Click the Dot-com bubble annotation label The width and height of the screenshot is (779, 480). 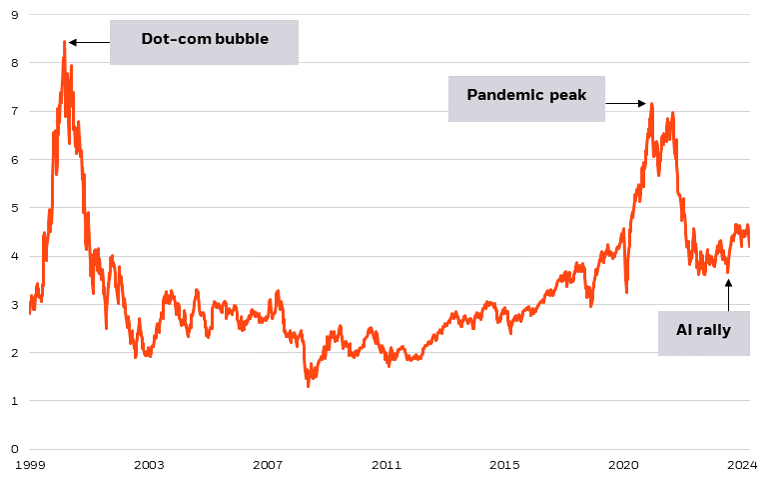[x=204, y=42]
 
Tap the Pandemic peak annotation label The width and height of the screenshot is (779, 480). [x=526, y=96]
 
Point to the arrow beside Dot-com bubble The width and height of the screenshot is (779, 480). [x=88, y=42]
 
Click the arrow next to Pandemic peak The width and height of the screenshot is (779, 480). [x=627, y=103]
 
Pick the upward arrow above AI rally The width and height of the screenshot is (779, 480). [x=729, y=295]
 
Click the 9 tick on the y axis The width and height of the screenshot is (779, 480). [x=14, y=15]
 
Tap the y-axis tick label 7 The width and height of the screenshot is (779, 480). [x=14, y=111]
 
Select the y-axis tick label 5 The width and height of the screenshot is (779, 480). [x=14, y=208]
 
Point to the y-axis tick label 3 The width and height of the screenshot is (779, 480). [x=14, y=305]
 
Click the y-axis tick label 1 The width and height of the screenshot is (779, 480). [x=14, y=401]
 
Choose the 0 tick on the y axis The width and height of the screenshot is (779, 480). [x=14, y=449]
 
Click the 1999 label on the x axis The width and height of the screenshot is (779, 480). [x=30, y=465]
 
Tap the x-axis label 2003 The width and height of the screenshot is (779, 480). [x=149, y=465]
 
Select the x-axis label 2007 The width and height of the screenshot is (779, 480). [x=268, y=465]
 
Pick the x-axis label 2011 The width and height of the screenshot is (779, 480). [x=387, y=465]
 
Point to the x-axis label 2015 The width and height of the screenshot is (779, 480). [x=505, y=465]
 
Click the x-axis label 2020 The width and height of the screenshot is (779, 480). [x=624, y=465]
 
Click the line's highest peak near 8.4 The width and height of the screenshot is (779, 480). [x=64, y=42]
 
